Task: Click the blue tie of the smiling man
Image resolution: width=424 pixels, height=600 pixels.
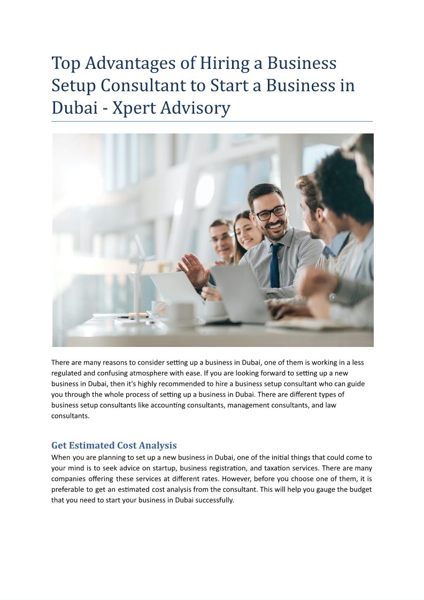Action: [x=275, y=265]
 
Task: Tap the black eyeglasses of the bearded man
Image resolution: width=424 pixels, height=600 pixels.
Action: [x=270, y=212]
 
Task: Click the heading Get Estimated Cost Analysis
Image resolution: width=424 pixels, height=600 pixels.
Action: [x=114, y=445]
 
